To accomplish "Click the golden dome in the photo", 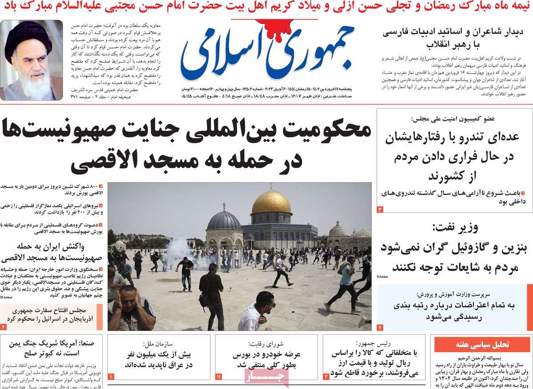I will pos(271,202).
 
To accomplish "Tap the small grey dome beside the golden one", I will pos(224,221).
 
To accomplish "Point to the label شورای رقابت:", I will pos(265,344).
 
